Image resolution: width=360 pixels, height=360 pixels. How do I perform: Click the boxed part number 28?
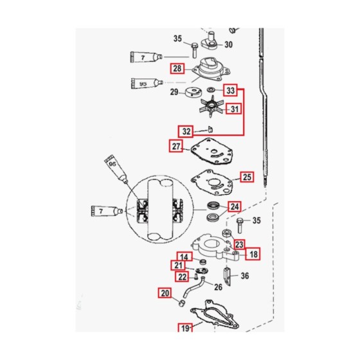pos(177,68)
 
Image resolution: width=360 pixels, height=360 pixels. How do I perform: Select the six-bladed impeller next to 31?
pos(211,107)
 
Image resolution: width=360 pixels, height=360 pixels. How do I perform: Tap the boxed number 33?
pos(231,90)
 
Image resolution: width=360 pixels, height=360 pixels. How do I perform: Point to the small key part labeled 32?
pos(210,129)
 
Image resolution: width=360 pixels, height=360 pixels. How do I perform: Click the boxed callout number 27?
pos(176,146)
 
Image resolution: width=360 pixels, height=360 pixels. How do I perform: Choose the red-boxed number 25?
pos(247,177)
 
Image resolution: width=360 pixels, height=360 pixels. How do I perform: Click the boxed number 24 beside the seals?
pos(235,206)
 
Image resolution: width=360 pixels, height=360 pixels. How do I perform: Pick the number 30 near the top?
pos(228,44)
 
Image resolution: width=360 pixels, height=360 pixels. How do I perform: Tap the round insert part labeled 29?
pos(194,92)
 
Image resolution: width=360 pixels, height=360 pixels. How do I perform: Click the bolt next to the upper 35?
pos(194,51)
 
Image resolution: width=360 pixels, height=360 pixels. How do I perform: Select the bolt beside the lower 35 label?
pos(240,226)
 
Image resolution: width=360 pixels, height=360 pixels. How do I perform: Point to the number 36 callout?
pos(245,276)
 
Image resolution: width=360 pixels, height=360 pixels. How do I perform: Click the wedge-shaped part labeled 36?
pos(227,276)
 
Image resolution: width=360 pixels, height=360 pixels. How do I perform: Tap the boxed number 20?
pos(165,293)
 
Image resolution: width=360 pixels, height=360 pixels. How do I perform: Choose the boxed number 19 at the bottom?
pos(185,328)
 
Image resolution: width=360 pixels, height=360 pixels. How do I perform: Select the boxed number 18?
pos(253,254)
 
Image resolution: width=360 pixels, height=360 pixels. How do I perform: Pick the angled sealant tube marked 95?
pos(116,169)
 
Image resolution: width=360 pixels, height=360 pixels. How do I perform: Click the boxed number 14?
pos(184,257)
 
